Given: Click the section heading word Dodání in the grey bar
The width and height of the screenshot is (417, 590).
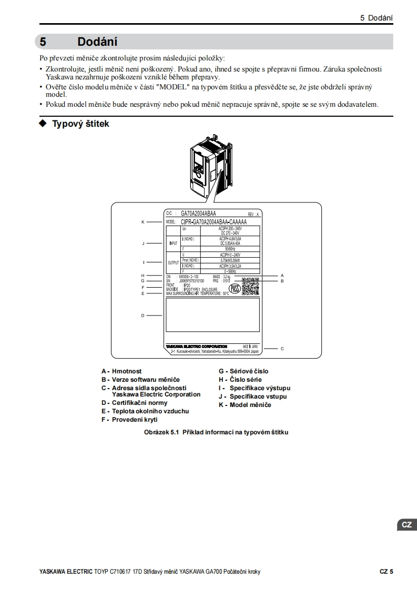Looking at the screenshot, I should coord(97,42).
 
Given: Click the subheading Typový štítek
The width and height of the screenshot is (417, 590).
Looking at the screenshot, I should coord(80,124).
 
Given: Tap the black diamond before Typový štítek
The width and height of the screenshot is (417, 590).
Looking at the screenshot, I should coord(43,124).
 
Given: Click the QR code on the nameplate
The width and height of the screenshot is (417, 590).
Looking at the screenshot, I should coord(250,286).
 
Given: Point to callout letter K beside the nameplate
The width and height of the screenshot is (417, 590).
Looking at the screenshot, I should coord(143,222).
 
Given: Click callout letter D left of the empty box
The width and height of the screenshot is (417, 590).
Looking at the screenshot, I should coord(143,316).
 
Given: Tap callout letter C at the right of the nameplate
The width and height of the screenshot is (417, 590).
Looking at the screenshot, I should coord(282,348).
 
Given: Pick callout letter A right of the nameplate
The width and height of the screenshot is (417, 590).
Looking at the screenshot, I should coord(282,275).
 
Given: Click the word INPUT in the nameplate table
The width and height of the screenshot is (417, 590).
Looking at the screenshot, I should coord(173,243).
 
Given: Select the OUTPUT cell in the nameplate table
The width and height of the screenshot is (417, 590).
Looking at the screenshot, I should coord(173,262).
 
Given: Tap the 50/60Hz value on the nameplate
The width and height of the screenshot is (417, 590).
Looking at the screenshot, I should coord(230,248).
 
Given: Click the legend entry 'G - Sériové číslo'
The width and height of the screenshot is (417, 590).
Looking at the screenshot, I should coord(243,371).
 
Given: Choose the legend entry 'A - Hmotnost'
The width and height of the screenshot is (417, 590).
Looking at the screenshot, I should coord(121,371).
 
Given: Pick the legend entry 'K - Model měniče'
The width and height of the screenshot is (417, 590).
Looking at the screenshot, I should coord(245,405).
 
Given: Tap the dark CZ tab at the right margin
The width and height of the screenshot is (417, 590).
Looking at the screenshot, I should coord(406,525).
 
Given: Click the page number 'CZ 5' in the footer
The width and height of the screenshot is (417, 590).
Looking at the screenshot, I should coord(387,572).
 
